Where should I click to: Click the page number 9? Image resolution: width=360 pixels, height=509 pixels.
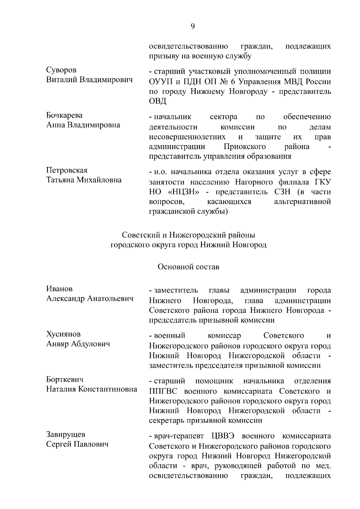(x=193, y=27)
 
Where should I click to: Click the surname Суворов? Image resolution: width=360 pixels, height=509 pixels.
(x=61, y=70)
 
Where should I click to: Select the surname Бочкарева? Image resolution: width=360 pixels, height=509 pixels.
(x=64, y=115)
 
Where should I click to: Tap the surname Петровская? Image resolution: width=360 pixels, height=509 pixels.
(x=67, y=170)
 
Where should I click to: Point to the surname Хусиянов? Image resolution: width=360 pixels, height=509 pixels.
(x=64, y=334)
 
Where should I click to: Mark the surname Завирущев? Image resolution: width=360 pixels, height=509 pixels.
(x=66, y=435)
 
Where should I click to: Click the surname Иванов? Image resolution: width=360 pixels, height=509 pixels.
(x=59, y=289)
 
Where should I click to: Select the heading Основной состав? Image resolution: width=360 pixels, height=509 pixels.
(x=189, y=267)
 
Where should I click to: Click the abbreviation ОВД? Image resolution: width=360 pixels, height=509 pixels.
(x=157, y=101)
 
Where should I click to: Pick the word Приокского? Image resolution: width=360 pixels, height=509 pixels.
(x=245, y=147)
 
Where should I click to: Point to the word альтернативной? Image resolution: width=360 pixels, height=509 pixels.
(x=302, y=202)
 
